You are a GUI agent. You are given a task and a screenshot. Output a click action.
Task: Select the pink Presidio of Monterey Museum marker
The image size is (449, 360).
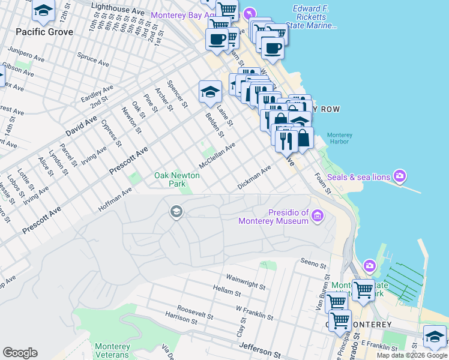[318, 215]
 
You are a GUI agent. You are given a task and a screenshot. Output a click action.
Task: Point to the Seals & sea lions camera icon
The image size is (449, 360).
[400, 176]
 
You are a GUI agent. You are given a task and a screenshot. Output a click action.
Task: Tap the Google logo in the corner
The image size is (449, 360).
[20, 353]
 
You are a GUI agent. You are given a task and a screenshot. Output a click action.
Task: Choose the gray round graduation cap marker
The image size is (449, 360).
[176, 211]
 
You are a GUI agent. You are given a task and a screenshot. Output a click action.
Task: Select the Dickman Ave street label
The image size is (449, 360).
[255, 178]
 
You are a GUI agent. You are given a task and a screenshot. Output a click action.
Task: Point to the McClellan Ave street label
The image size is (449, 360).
[217, 156]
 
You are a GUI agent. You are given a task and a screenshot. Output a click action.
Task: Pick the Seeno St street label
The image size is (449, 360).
[313, 263]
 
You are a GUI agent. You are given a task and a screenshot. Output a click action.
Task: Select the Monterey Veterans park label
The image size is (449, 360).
[112, 350]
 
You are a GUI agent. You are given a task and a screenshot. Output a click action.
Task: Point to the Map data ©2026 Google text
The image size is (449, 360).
[411, 355]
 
